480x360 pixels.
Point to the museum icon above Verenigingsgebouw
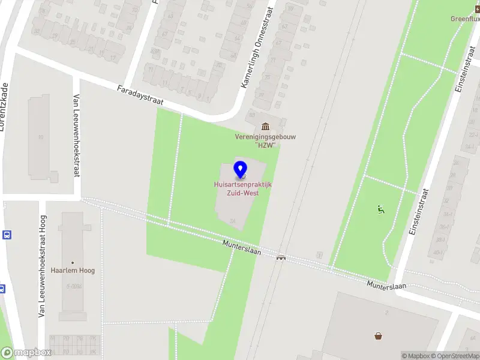tap(265, 126)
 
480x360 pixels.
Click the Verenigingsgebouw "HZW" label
tap(265, 140)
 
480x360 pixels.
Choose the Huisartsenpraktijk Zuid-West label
tap(242, 188)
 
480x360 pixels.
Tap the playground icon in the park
tap(380, 209)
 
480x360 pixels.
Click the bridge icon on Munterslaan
tap(281, 257)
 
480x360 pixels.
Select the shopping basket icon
tap(379, 336)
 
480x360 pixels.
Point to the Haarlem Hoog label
tap(73, 271)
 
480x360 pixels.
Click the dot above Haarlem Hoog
tap(73, 262)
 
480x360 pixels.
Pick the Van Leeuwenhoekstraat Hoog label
tap(43, 266)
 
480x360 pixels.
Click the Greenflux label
tap(465, 19)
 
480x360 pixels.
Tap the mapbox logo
tap(26, 353)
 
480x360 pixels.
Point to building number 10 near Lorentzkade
tap(41, 137)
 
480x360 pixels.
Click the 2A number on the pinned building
tap(232, 221)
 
